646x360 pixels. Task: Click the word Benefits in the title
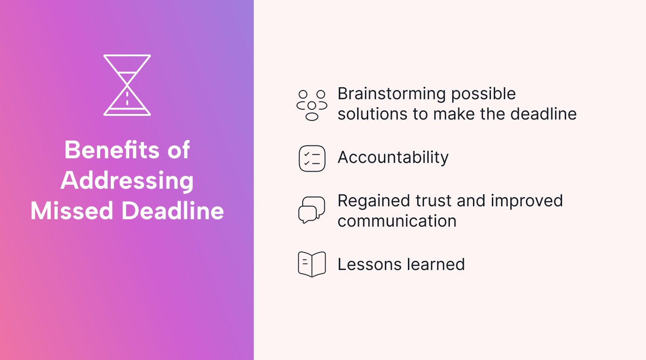(x=112, y=150)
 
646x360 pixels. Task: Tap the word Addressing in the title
(x=127, y=181)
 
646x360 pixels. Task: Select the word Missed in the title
(x=72, y=211)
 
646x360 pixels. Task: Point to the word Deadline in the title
(x=173, y=210)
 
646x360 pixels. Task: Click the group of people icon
(x=312, y=106)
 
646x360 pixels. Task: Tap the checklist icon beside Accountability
(x=312, y=159)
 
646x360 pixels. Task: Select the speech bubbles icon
(x=311, y=210)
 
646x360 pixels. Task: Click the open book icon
(x=312, y=264)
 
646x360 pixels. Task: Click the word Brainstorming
(x=392, y=94)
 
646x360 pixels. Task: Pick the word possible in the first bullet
(x=484, y=94)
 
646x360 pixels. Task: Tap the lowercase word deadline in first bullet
(x=544, y=114)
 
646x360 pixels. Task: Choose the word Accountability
(x=393, y=158)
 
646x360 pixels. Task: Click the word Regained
(x=374, y=201)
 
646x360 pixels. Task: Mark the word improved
(x=527, y=201)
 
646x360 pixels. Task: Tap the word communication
(x=397, y=221)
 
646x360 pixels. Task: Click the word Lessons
(x=370, y=264)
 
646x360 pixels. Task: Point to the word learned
(x=436, y=264)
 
